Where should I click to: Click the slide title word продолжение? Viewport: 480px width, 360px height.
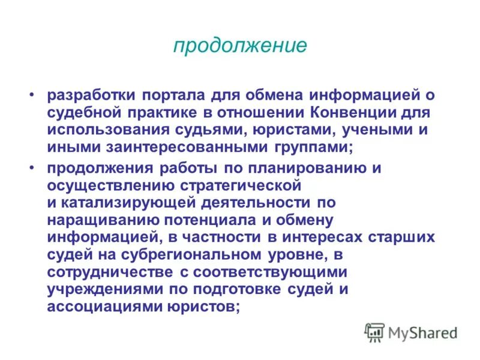pos(240,46)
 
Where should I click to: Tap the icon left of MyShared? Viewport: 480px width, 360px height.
pos(374,332)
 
